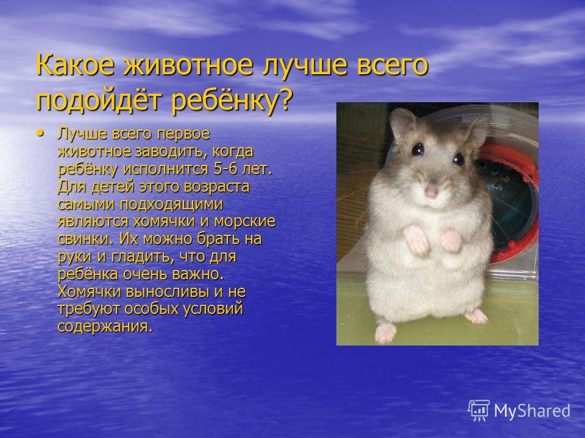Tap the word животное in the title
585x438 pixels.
[x=188, y=66]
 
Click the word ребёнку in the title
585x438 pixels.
[x=224, y=100]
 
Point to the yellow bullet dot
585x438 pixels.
[x=40, y=133]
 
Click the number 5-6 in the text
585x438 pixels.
[x=225, y=169]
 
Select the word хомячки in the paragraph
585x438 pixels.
[x=164, y=221]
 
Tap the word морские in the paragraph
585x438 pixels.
[x=245, y=222]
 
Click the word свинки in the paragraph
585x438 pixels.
[x=85, y=238]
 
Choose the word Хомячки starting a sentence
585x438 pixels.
[x=90, y=291]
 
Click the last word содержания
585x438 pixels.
[x=105, y=327]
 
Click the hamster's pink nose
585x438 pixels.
[x=431, y=192]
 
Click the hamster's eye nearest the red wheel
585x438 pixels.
[x=458, y=159]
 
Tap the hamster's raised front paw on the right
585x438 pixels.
[x=451, y=240]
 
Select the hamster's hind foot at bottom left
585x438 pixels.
[x=385, y=332]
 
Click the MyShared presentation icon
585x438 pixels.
[x=479, y=411]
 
